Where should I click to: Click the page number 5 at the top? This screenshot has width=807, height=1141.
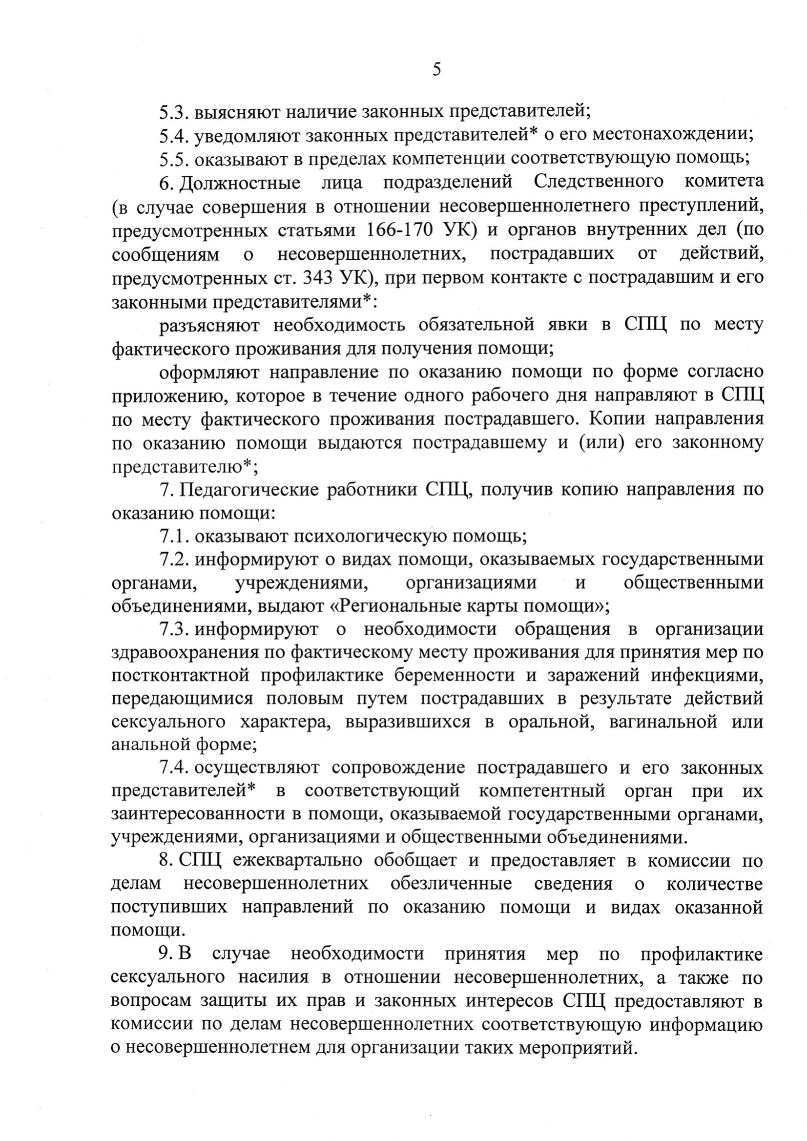click(x=436, y=69)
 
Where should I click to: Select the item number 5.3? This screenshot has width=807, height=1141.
click(x=174, y=112)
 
